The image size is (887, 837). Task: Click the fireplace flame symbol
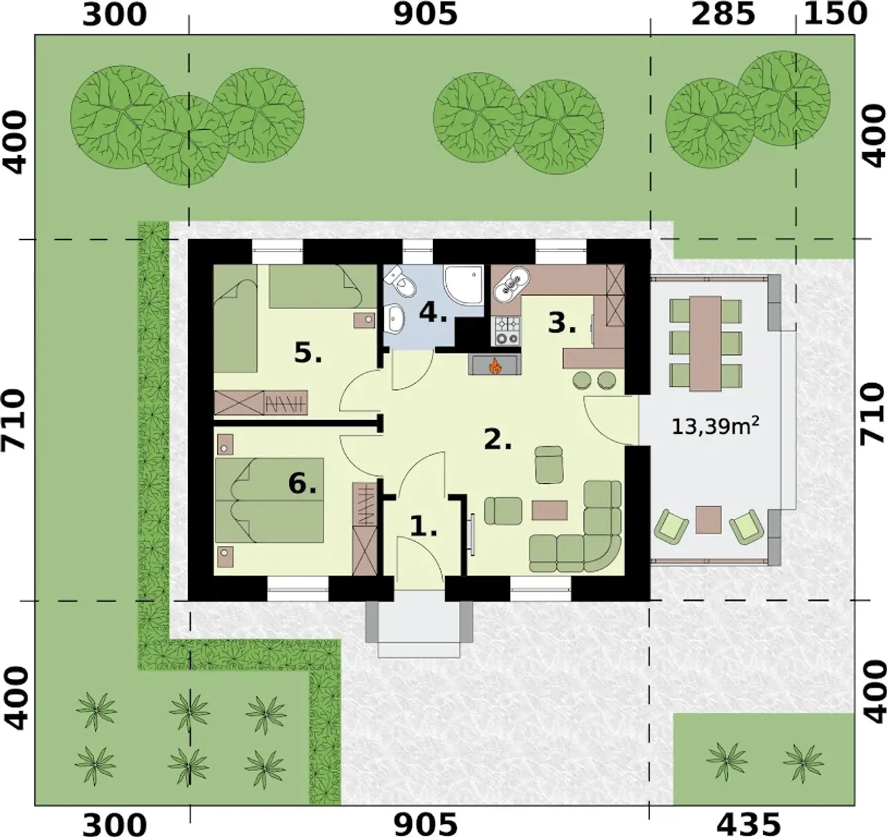(494, 367)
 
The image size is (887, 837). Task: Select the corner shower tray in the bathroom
(463, 285)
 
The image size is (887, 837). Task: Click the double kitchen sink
(512, 283)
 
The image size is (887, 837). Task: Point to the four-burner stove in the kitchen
(508, 331)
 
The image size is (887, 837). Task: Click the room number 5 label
(308, 353)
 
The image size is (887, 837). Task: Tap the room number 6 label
(302, 483)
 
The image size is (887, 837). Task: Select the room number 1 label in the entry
(423, 527)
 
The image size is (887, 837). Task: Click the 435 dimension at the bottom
(748, 822)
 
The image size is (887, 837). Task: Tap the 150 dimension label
(835, 15)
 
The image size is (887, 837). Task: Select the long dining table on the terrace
(705, 342)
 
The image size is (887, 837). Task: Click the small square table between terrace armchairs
(709, 520)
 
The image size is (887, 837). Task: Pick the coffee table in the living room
(550, 510)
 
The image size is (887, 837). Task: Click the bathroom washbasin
(395, 319)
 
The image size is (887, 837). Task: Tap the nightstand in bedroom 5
(364, 320)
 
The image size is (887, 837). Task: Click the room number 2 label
(498, 439)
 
